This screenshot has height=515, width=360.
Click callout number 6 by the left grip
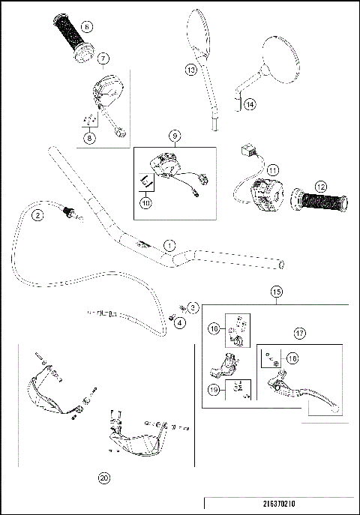click(88, 27)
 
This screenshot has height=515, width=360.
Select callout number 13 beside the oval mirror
click(190, 69)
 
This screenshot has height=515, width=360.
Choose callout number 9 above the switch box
click(175, 136)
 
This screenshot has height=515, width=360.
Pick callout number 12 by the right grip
click(321, 185)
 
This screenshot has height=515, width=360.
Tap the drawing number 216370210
click(279, 505)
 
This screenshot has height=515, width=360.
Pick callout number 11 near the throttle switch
click(272, 170)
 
